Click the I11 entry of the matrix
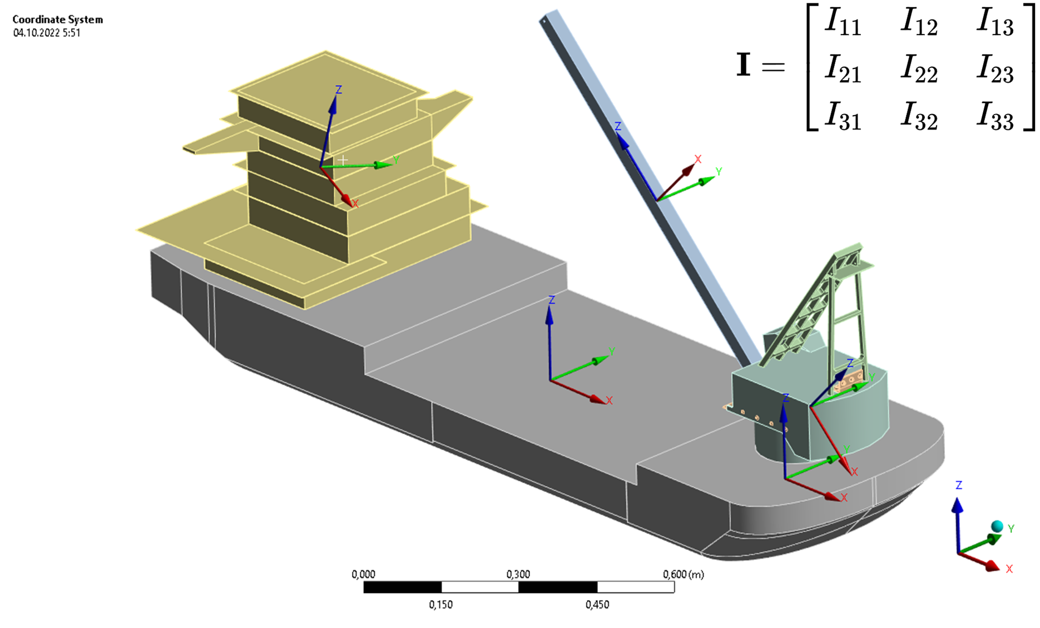[x=843, y=23]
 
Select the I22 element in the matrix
[x=919, y=71]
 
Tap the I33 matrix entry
[x=995, y=118]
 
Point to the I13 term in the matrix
[x=995, y=23]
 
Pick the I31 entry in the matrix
[x=843, y=118]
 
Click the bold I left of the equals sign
[x=744, y=65]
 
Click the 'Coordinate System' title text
[x=58, y=19]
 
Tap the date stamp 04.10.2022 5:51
[x=47, y=33]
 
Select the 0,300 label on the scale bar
[x=518, y=574]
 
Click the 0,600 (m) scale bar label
[x=683, y=574]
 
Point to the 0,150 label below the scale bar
[x=440, y=605]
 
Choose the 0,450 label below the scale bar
[x=597, y=605]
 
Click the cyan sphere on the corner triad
[x=997, y=526]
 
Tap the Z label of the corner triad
[x=959, y=486]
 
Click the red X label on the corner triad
[x=1009, y=569]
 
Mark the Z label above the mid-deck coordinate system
[x=552, y=300]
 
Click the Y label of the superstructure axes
[x=396, y=160]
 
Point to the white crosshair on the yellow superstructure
[x=343, y=160]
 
